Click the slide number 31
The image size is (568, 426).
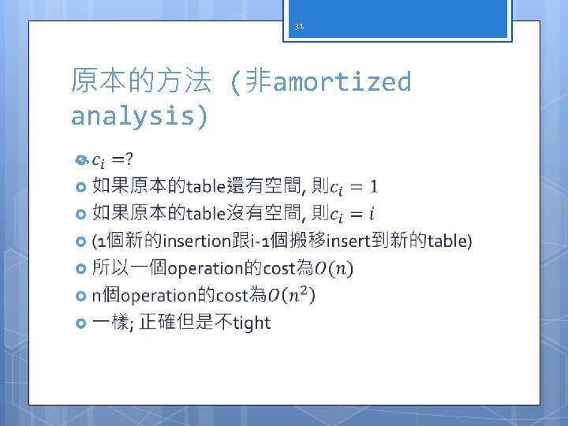298,26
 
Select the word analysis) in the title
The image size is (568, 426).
140,116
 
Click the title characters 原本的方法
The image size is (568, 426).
140,80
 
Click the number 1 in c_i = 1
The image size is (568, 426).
373,187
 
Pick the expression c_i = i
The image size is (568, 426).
353,214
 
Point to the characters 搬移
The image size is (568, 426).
308,241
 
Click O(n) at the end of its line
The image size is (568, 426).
334,269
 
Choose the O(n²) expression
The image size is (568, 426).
292,296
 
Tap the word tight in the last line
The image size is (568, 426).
252,323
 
